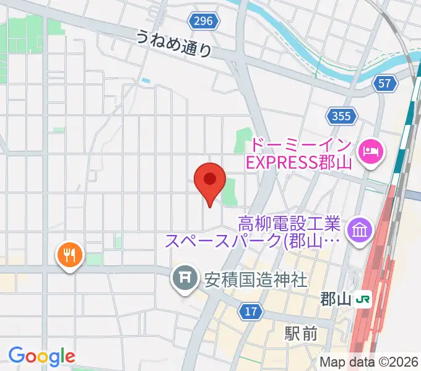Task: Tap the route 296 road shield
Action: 202,22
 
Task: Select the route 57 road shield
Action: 385,83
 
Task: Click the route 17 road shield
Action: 250,312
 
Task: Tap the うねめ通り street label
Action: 175,44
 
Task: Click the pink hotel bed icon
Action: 371,150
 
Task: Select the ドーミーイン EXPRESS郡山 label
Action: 300,155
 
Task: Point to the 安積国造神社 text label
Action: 256,280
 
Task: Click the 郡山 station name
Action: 335,300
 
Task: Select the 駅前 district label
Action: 302,334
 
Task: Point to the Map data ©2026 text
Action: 369,362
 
